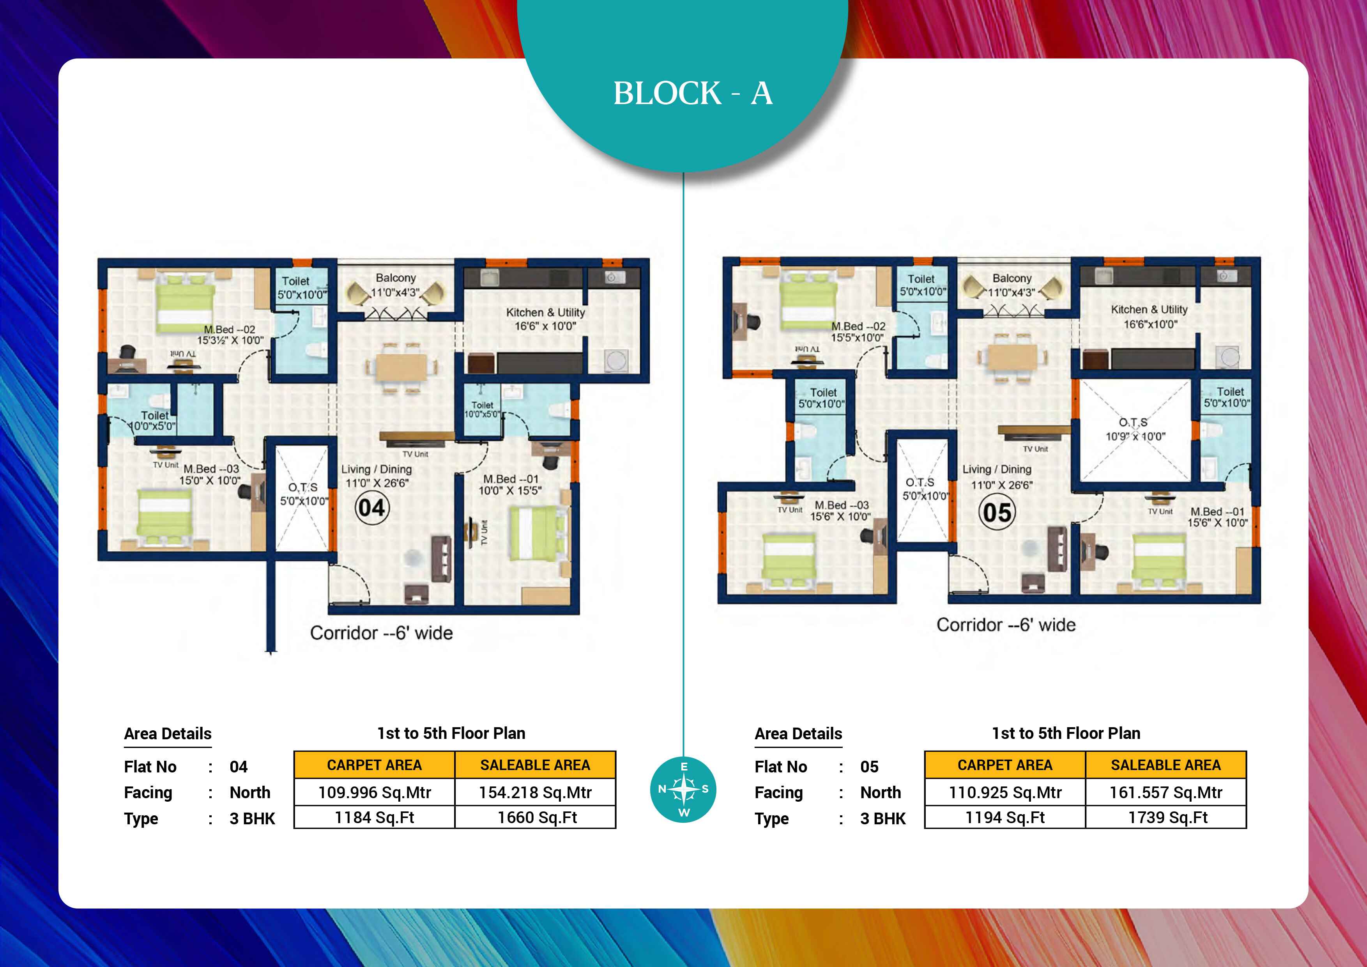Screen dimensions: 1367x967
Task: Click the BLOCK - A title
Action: coord(693,94)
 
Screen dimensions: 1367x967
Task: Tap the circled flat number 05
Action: coord(997,512)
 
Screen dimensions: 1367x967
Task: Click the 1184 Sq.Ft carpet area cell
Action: coord(375,818)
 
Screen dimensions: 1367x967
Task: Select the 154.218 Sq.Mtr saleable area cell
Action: coord(535,793)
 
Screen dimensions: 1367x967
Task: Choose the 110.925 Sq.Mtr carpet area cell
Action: coord(1005,793)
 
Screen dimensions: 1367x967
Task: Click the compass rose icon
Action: coord(684,790)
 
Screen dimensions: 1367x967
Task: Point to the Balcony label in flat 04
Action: coord(396,278)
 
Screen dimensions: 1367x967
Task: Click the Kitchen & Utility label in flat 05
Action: coord(1149,310)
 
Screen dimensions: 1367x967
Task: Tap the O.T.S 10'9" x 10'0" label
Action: coord(1135,429)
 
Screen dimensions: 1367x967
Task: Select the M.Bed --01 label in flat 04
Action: coord(511,479)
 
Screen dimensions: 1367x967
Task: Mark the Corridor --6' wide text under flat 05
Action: coord(1006,625)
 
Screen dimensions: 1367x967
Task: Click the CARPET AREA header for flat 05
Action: coord(1005,765)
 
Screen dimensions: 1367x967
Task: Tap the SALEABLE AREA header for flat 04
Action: coord(535,765)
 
